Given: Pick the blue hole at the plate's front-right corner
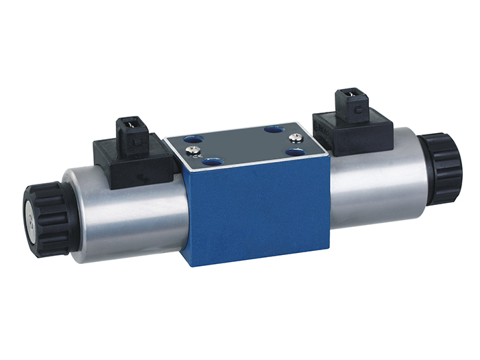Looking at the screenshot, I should coord(296,152).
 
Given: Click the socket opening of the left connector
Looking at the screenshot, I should coord(130,125).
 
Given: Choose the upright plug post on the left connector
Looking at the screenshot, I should coord(134,134).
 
